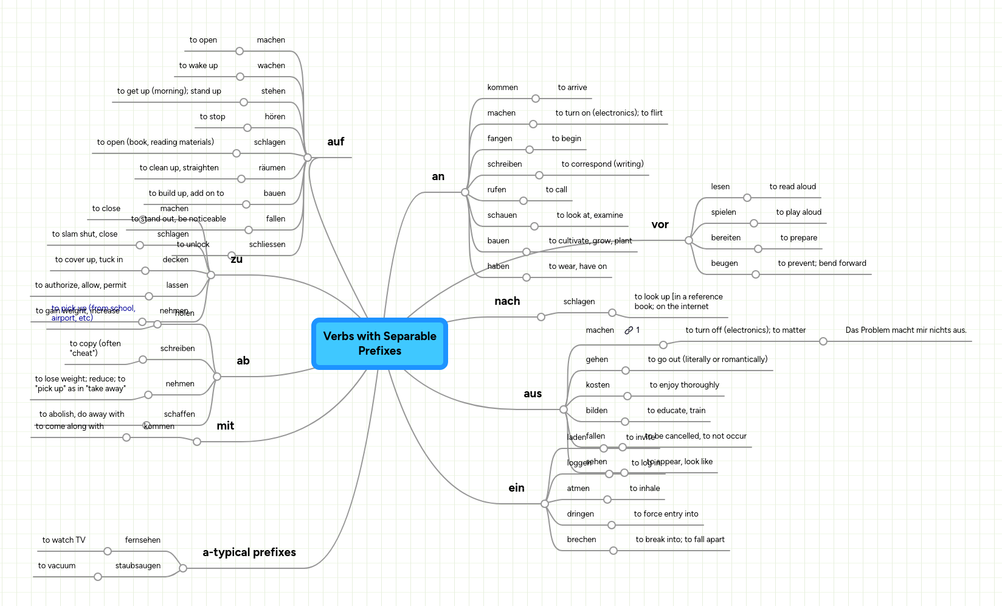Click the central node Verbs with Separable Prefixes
tap(379, 343)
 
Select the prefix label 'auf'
tap(336, 142)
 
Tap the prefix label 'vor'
tap(660, 225)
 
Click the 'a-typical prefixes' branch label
tap(249, 552)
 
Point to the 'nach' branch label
tap(507, 301)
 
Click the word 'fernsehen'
tap(143, 540)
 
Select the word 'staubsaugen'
tap(138, 566)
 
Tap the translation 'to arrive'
tap(572, 88)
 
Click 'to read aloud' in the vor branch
tap(792, 187)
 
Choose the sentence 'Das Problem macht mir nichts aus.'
tap(905, 330)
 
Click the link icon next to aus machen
tap(629, 330)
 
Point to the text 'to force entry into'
tap(666, 514)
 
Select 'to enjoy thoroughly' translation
tap(684, 385)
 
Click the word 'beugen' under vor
tap(724, 263)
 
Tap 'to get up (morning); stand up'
tap(169, 91)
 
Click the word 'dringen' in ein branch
tap(580, 514)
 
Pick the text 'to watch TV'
tap(64, 540)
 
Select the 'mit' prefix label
tap(225, 426)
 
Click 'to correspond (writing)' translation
tap(602, 164)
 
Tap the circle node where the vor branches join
tap(689, 240)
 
